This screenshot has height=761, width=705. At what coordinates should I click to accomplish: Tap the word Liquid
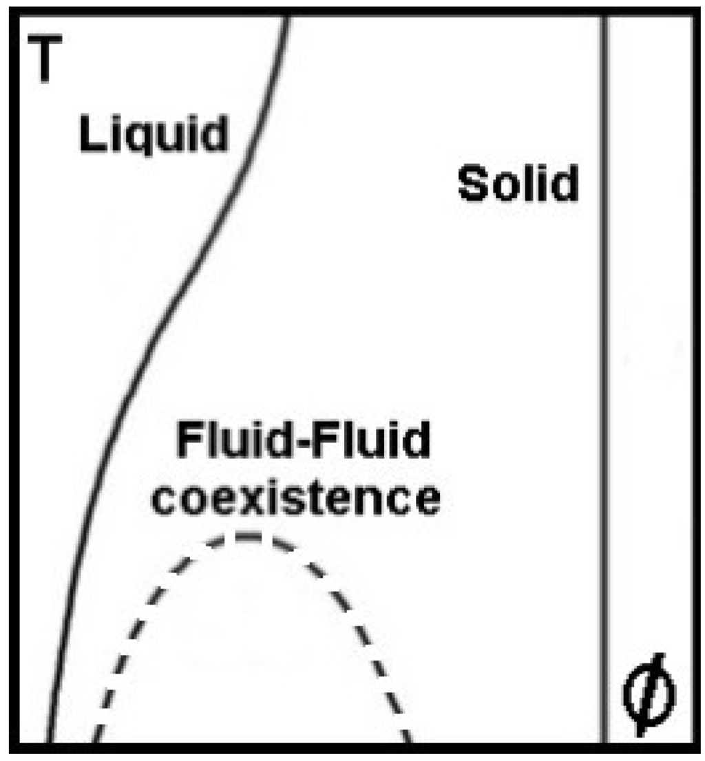(x=153, y=133)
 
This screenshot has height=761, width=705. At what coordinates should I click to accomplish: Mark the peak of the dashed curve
(x=246, y=535)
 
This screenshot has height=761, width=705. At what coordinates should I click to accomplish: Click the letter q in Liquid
(x=135, y=138)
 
